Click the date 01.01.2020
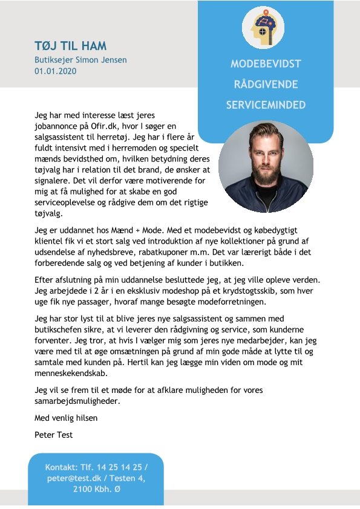(56, 71)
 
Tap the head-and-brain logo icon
(263, 28)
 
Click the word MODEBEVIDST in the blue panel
(266, 63)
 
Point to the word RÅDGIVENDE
(266, 84)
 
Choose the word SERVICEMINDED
(266, 105)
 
